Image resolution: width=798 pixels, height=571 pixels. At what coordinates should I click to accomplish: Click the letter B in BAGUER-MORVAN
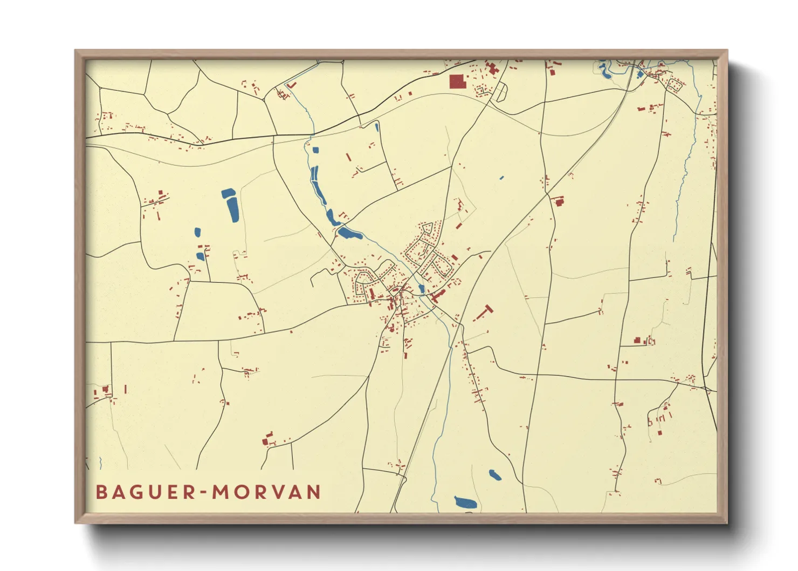click(101, 492)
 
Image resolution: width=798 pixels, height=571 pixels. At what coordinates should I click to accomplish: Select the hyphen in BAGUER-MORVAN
click(203, 493)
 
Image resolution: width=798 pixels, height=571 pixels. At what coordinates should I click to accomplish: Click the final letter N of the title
click(313, 492)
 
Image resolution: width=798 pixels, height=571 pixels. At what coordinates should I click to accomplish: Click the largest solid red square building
click(457, 81)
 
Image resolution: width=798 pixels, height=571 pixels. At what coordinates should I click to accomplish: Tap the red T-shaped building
click(486, 311)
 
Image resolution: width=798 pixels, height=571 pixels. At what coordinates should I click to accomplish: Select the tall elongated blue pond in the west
click(232, 208)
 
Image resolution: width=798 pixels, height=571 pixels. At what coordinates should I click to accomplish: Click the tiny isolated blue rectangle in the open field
click(501, 178)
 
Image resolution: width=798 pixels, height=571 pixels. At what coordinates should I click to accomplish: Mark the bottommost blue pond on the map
click(465, 502)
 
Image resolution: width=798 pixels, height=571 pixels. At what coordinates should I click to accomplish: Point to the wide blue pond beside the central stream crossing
click(349, 234)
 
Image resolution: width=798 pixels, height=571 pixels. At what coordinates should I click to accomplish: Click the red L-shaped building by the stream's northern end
click(292, 85)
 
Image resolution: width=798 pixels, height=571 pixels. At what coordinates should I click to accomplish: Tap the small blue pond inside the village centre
click(421, 289)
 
